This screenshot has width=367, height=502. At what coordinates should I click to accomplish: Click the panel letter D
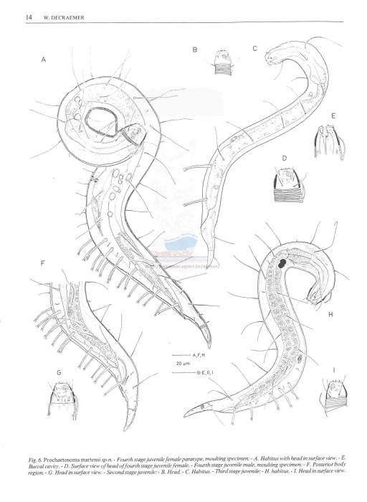[284, 157]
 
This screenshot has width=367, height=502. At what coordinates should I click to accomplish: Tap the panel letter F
[43, 264]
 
